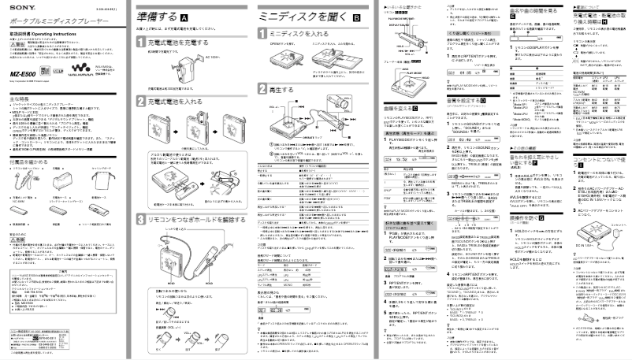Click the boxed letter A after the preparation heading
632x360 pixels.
pos(184,16)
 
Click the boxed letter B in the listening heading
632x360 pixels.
pos(356,16)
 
